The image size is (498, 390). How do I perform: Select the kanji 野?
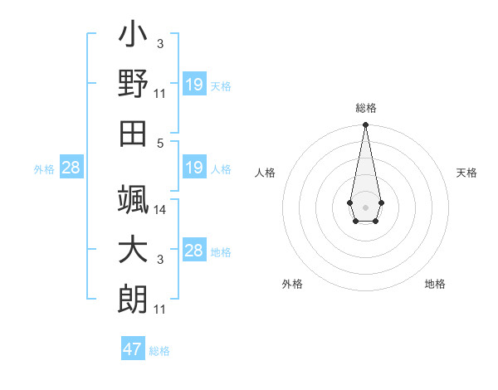coord(133,84)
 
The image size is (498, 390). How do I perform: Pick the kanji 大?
coord(133,250)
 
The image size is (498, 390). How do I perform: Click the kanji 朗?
coord(133,300)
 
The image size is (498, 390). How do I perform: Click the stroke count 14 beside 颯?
coord(160,210)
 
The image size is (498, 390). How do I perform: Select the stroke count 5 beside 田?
coord(162,142)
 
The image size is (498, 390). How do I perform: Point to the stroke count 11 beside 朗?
coord(160,310)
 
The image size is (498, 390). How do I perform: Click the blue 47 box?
coord(133,349)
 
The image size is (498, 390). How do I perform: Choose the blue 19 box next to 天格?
coord(194,85)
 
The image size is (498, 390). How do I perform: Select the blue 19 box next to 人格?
coord(194,168)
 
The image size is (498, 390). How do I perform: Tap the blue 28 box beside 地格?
coord(194,251)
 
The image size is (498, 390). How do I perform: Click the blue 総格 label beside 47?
coord(159,351)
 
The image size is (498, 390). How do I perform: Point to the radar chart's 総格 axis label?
coord(365,108)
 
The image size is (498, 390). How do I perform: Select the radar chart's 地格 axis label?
coord(435,284)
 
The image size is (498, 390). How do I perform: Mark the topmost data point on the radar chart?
coord(365,125)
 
